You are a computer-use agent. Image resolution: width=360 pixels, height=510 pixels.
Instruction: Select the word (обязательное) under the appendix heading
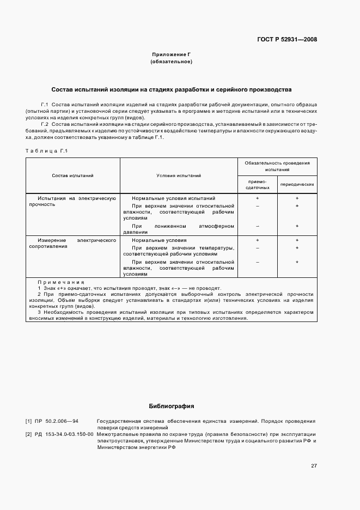(172, 62)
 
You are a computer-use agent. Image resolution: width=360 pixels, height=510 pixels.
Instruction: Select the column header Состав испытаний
(72, 175)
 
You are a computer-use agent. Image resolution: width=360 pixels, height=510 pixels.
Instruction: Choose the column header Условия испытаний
(179, 175)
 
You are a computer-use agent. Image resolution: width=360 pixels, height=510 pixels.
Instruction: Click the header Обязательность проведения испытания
(277, 166)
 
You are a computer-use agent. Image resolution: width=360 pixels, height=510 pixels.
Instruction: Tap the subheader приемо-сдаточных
(257, 184)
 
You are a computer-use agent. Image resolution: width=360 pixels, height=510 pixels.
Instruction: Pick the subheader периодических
(297, 184)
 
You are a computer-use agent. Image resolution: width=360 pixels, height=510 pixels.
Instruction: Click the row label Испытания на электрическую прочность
(72, 202)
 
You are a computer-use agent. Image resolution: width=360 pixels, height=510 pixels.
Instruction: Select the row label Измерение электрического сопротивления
(72, 243)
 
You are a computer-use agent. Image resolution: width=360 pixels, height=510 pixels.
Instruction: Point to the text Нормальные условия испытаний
(173, 198)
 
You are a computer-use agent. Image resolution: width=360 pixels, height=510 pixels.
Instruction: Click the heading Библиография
(172, 406)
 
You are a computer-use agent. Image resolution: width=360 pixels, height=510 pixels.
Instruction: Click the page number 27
(314, 465)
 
